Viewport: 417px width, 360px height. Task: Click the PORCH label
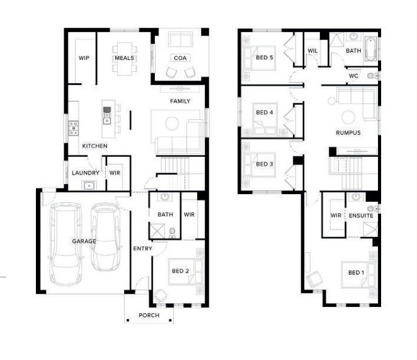pyautogui.click(x=149, y=315)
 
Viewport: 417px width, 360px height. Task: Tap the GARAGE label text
pyautogui.click(x=84, y=241)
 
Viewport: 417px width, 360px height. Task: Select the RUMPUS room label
pyautogui.click(x=348, y=132)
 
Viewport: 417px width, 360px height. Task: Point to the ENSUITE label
pyautogui.click(x=361, y=216)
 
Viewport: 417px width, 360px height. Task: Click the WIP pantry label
pyautogui.click(x=84, y=58)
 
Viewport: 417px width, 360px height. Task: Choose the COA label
pyautogui.click(x=180, y=58)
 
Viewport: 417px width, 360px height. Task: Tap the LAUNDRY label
pyautogui.click(x=86, y=173)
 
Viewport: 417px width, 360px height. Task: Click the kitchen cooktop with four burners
pyautogui.click(x=74, y=128)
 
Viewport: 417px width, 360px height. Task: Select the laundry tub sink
pyautogui.click(x=88, y=185)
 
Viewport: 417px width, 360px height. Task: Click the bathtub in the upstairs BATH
pyautogui.click(x=370, y=49)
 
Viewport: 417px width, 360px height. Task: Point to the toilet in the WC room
pyautogui.click(x=372, y=76)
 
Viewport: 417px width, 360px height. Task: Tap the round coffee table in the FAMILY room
pyautogui.click(x=172, y=124)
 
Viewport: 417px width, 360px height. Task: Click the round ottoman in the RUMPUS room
pyautogui.click(x=348, y=117)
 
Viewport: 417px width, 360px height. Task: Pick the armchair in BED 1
pyautogui.click(x=314, y=279)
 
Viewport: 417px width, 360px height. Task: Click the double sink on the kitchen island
pyautogui.click(x=107, y=115)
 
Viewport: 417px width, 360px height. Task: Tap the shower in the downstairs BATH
pyautogui.click(x=157, y=231)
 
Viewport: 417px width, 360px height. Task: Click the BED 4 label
pyautogui.click(x=265, y=113)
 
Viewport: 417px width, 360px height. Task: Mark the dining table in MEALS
pyautogui.click(x=125, y=59)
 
